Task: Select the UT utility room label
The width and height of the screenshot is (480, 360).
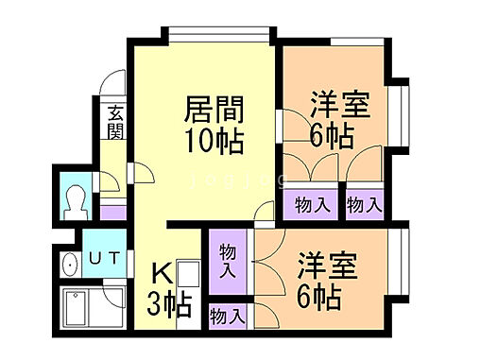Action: tap(97, 258)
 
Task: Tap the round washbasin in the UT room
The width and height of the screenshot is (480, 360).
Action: tap(69, 265)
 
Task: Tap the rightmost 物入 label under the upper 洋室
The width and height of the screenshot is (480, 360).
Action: tap(364, 203)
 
